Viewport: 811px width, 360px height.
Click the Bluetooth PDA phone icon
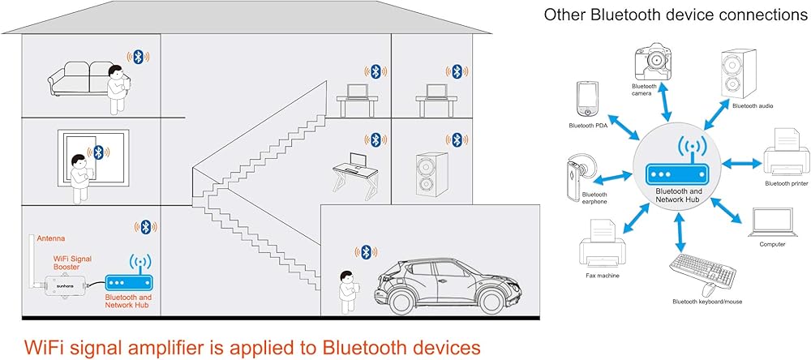point(586,101)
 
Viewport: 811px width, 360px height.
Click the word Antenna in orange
point(51,238)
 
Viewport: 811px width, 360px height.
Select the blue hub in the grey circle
point(676,174)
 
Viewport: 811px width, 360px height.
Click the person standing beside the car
point(349,289)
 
